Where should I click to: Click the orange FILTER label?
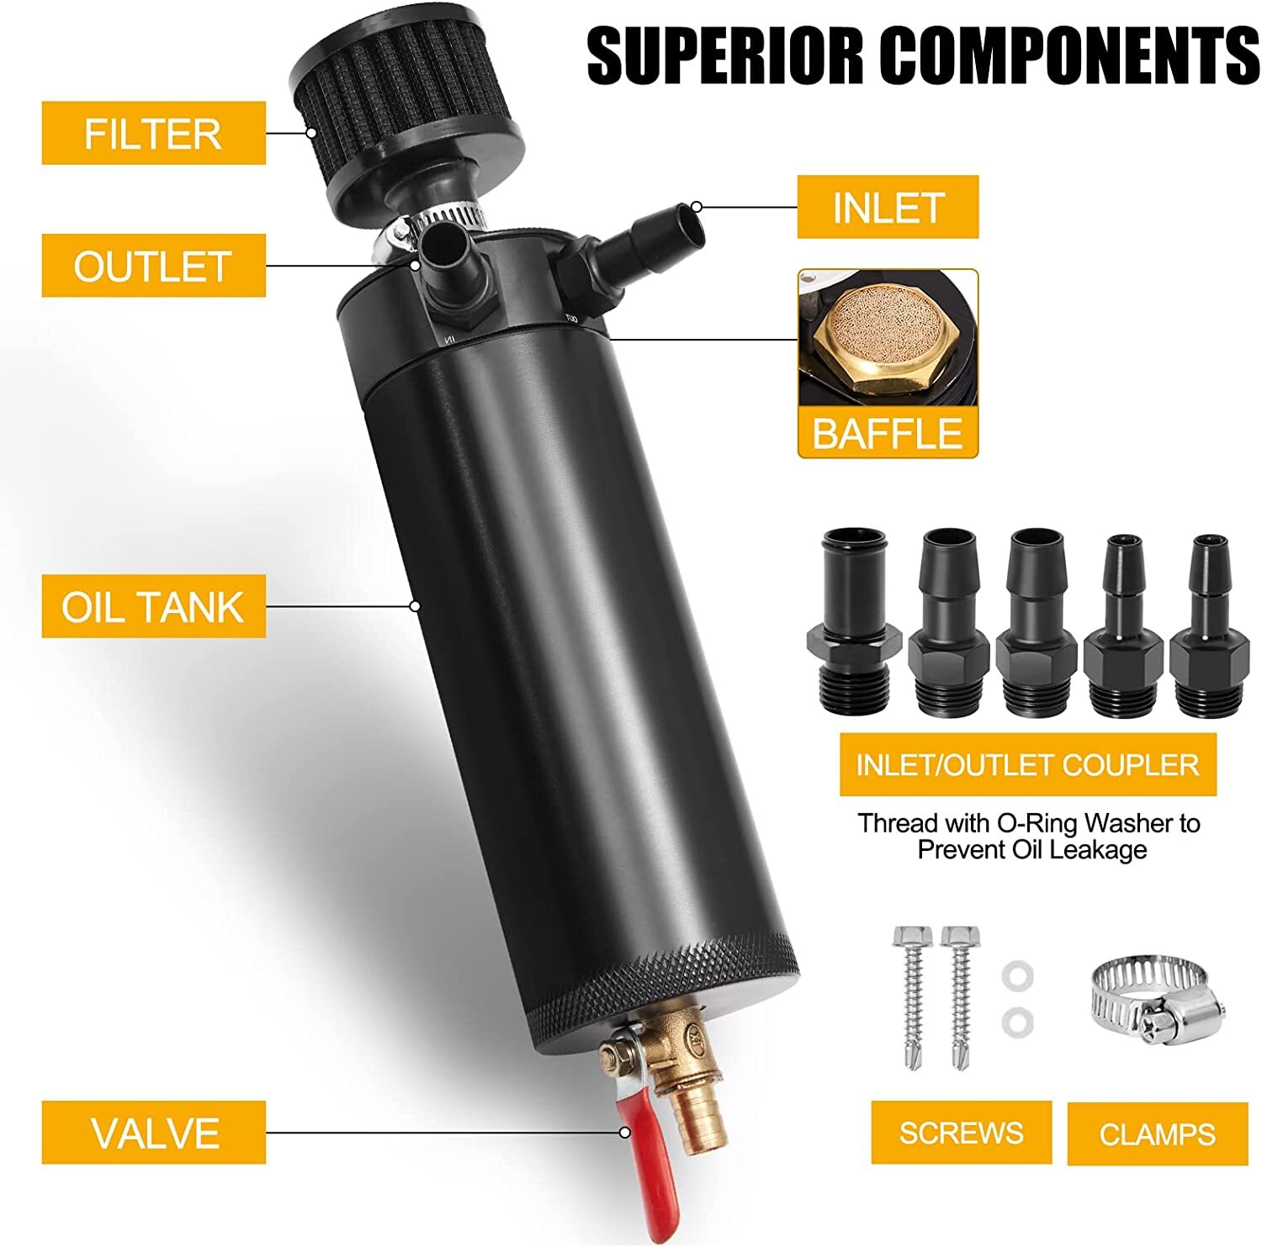(153, 134)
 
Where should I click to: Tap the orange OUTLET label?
(153, 267)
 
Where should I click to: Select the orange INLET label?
(888, 208)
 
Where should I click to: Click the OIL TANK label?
(153, 606)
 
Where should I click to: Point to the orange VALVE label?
(153, 1133)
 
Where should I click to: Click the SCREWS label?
(961, 1133)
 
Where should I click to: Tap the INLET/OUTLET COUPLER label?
(1027, 764)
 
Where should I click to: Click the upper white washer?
(1017, 976)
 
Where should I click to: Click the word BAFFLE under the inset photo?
(888, 433)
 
